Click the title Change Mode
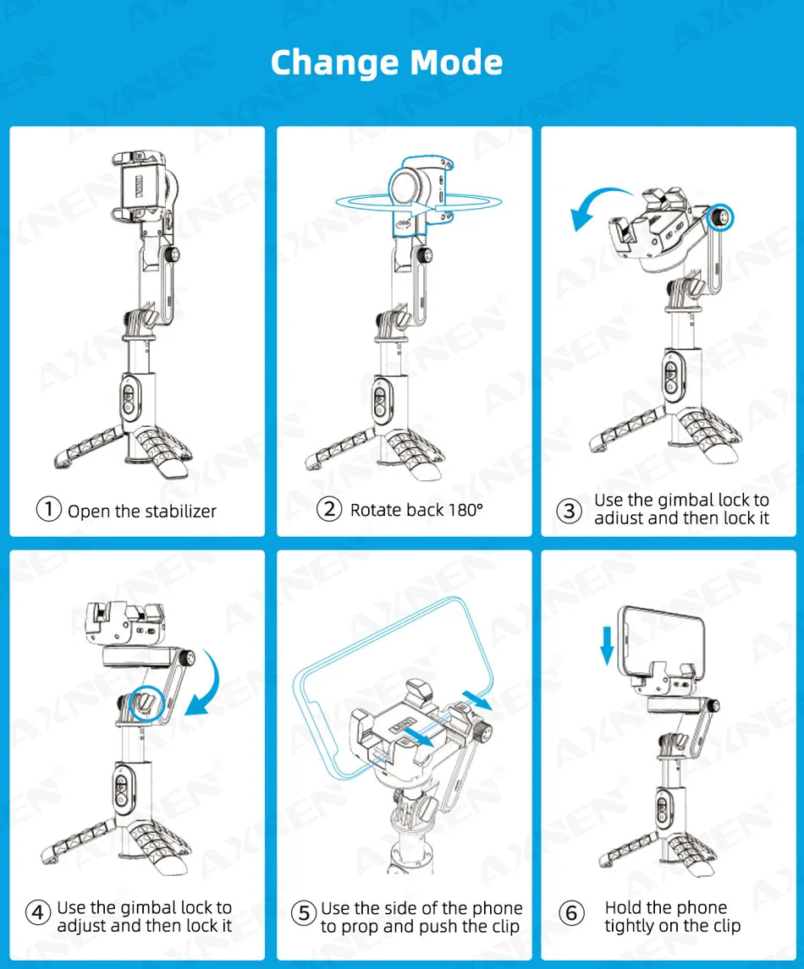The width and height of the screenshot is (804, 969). (387, 63)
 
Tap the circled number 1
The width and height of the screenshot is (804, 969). (49, 509)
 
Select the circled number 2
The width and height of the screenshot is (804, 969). (329, 509)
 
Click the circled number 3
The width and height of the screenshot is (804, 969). (569, 511)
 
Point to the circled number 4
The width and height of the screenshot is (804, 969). (38, 912)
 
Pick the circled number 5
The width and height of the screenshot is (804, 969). (304, 912)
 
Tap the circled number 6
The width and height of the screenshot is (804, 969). (571, 912)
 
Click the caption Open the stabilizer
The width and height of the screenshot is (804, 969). (142, 511)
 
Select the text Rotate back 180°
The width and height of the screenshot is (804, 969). (416, 510)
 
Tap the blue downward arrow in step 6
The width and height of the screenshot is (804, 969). (608, 645)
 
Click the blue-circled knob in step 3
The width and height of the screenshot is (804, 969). (720, 217)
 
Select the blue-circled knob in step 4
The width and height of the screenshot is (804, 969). (146, 703)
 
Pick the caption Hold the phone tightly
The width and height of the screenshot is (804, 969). (672, 917)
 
